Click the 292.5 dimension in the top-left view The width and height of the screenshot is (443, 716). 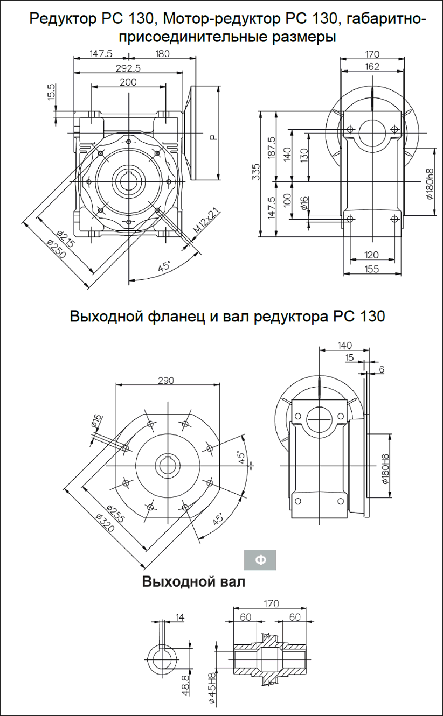coord(128,68)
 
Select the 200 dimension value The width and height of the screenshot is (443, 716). coord(128,82)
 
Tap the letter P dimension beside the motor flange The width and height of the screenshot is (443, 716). coord(214,137)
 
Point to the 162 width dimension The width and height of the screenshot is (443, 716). coord(372,67)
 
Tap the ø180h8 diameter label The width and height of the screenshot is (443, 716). coord(430,184)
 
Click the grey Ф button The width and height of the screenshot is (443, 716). coord(260,560)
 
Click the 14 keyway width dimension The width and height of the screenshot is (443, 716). coord(179,617)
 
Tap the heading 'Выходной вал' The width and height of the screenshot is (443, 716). coord(193,582)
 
